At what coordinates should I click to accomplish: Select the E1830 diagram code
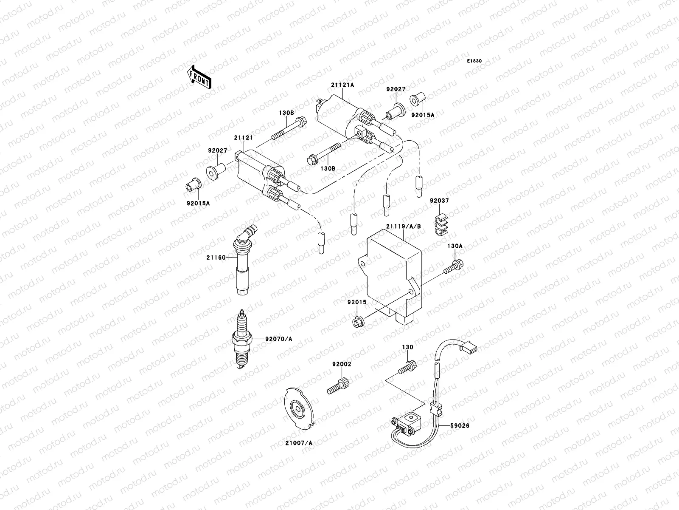tap(475, 61)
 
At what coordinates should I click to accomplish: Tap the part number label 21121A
tap(342, 85)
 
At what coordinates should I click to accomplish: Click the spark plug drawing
tap(241, 339)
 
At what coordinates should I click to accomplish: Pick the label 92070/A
tap(279, 339)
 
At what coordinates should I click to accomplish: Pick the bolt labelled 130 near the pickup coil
tap(407, 367)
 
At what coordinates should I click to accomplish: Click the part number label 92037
tap(439, 201)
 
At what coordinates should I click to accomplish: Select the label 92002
tap(342, 364)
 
